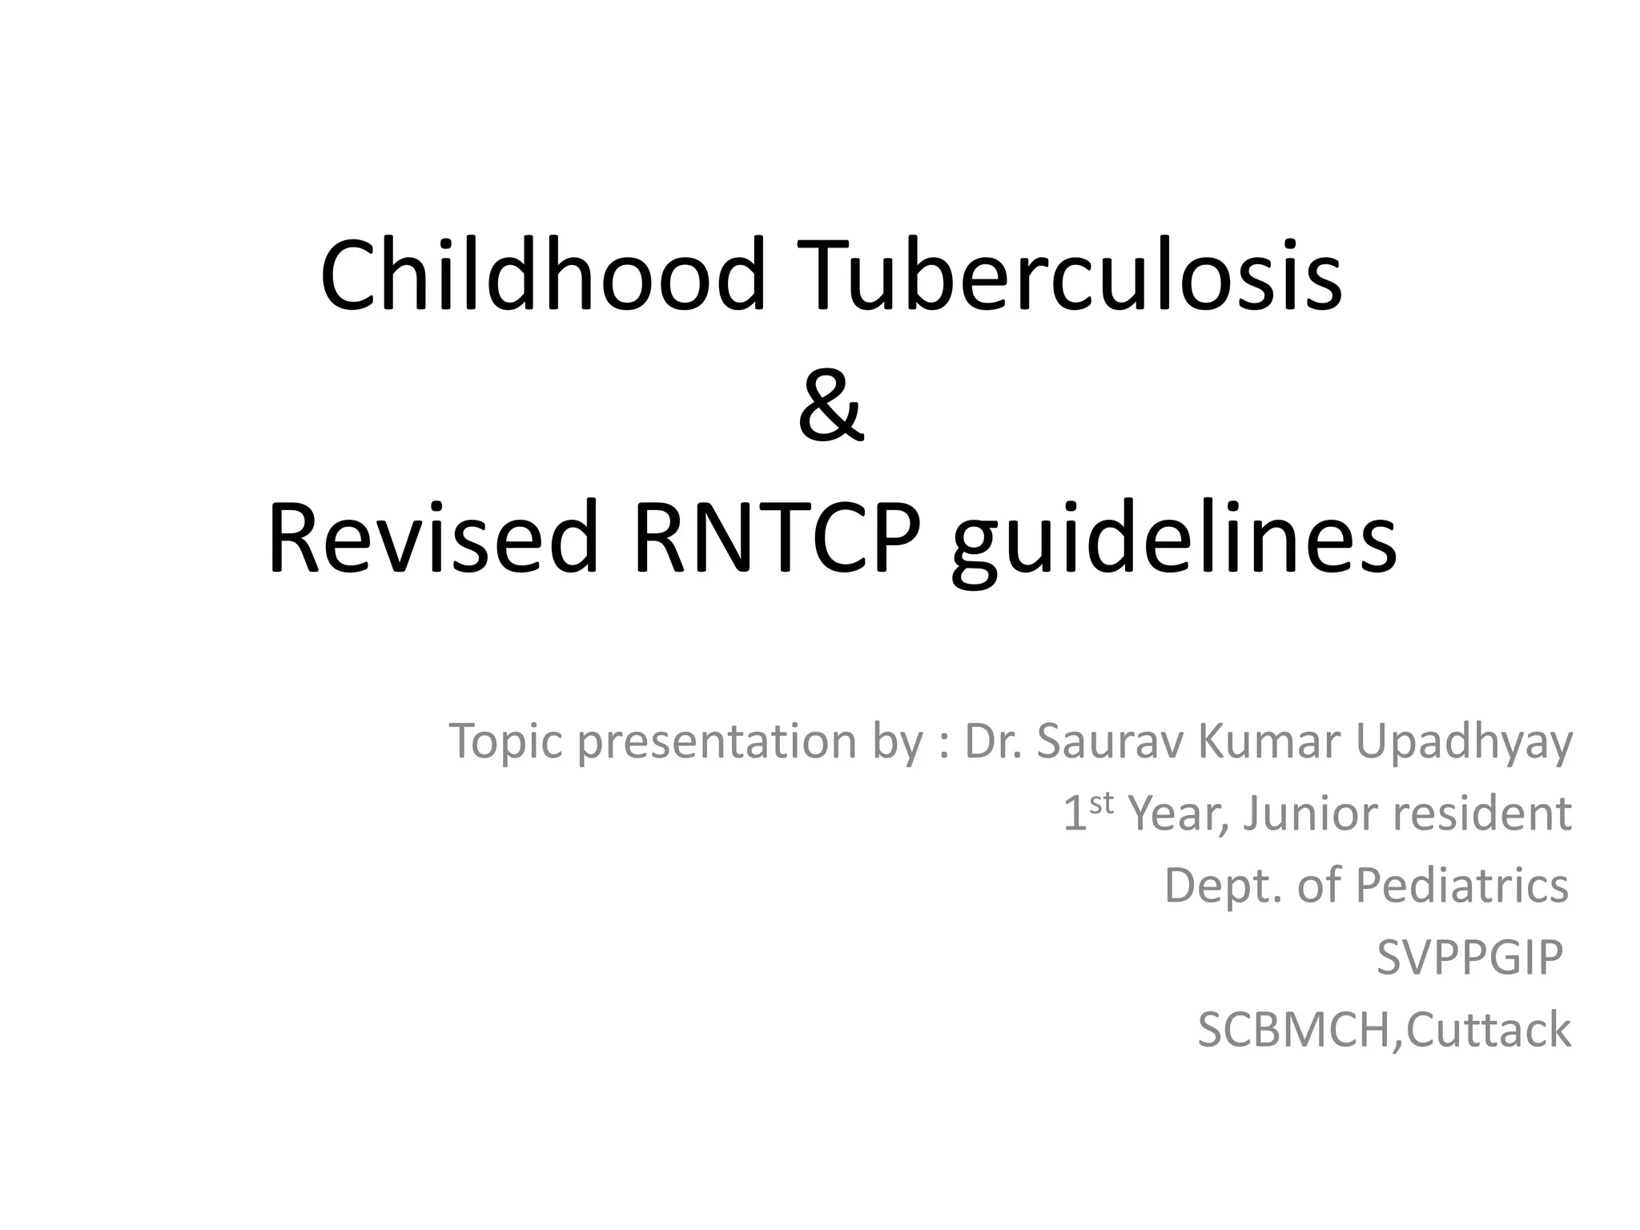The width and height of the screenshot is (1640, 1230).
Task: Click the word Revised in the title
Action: pyautogui.click(x=433, y=537)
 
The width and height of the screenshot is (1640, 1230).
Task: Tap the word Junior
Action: pyautogui.click(x=1311, y=814)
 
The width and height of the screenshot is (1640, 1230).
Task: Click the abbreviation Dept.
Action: pyautogui.click(x=1221, y=887)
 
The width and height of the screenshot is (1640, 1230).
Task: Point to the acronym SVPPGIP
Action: pyautogui.click(x=1469, y=958)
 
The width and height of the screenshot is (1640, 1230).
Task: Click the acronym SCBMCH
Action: pyautogui.click(x=1295, y=1030)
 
